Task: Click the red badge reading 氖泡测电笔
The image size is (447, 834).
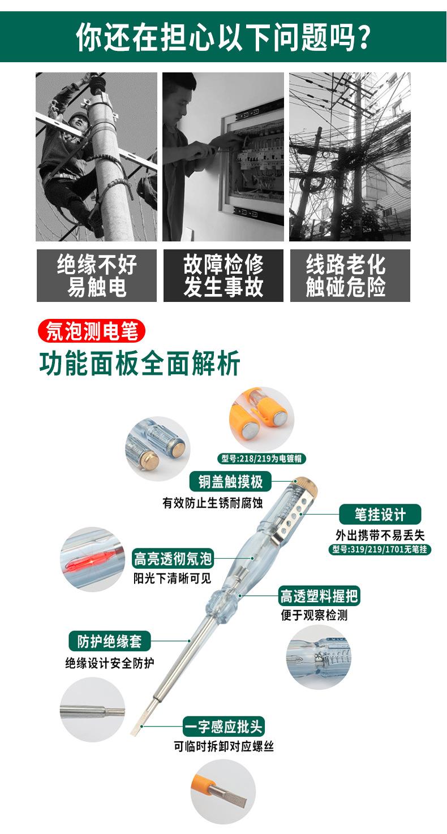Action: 92,331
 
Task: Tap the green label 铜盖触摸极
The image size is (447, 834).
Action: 230,481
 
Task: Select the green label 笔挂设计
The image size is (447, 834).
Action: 380,514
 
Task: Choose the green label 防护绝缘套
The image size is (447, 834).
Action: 106,641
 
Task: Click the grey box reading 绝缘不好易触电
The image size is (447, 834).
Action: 97,275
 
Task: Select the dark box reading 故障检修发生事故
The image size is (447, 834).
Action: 223,275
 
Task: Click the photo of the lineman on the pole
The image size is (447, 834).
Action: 97,157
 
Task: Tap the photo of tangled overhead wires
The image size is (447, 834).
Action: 350,157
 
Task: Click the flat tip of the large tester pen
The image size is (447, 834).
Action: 137,729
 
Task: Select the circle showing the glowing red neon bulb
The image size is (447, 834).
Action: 92,559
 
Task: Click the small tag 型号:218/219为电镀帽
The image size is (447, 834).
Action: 261,459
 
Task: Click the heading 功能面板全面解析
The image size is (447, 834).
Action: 140,363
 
